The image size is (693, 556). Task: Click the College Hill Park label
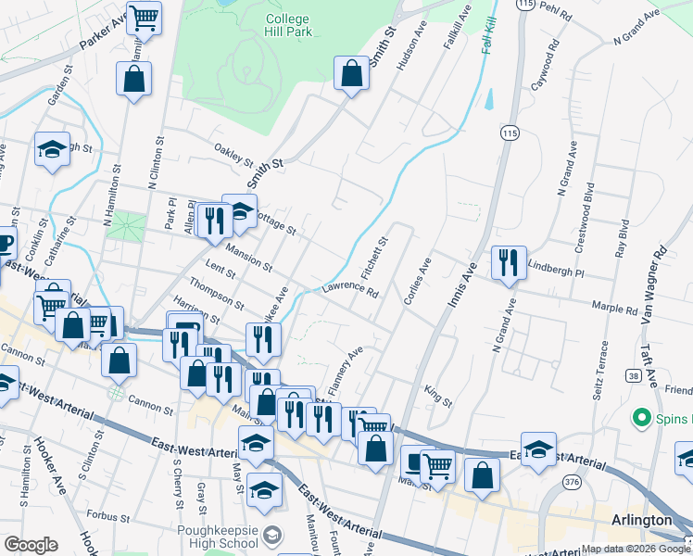[287, 26]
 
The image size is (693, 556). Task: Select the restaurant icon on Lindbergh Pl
[509, 263]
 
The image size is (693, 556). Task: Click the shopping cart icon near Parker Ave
[144, 18]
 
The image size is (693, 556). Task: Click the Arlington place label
[641, 520]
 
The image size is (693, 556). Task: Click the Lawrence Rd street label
[351, 291]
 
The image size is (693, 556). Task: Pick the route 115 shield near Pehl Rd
[526, 5]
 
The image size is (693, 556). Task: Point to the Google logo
[31, 545]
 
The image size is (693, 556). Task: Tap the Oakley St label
[233, 150]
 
